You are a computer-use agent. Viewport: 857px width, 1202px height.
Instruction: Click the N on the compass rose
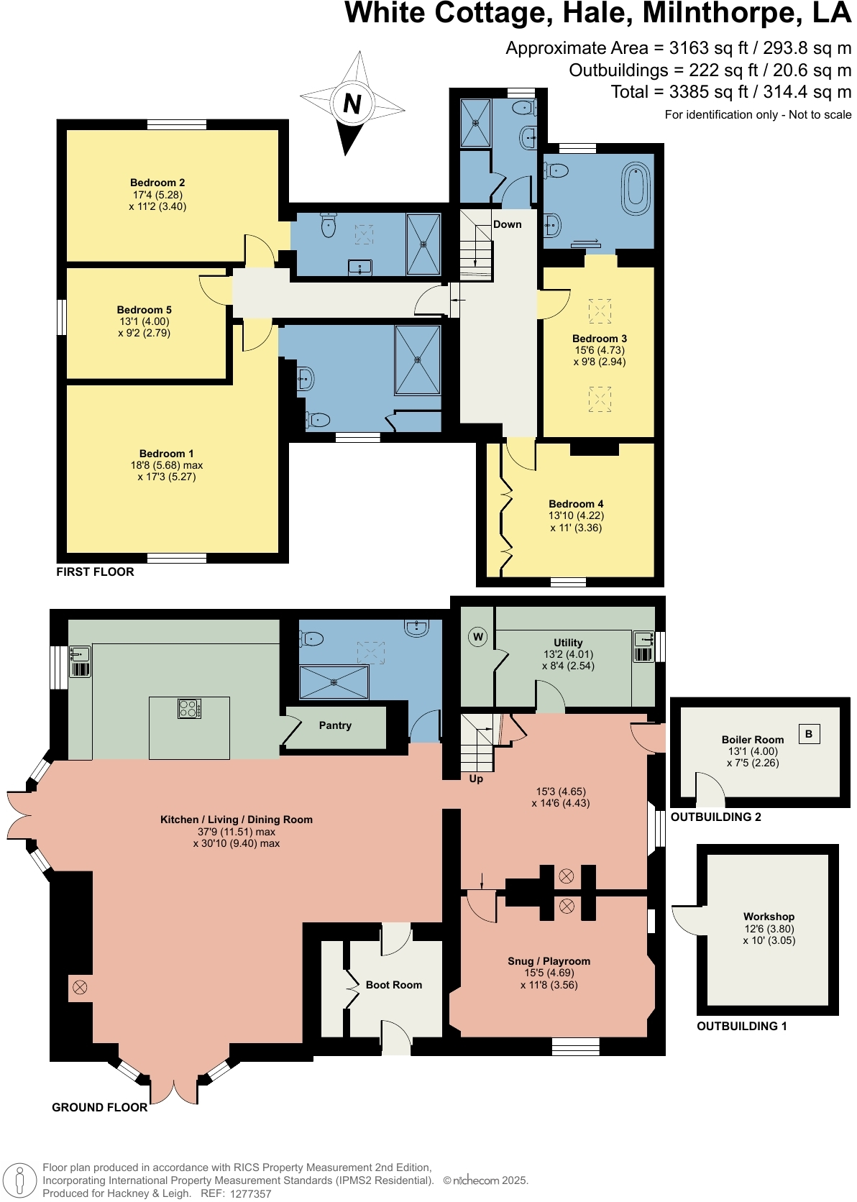[x=352, y=103]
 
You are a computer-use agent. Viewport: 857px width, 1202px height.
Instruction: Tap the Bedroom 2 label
[x=157, y=183]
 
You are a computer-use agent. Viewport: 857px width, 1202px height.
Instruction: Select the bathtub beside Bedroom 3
[x=636, y=189]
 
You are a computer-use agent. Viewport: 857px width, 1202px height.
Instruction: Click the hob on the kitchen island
[x=189, y=708]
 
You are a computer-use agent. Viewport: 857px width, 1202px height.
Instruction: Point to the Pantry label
[x=335, y=725]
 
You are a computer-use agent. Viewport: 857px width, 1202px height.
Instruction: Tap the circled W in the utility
[x=477, y=637]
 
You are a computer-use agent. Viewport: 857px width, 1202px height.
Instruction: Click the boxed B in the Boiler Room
[x=809, y=734]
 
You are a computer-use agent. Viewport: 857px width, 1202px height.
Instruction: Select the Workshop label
[x=769, y=917]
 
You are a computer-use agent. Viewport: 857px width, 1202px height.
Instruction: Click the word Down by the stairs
[x=507, y=224]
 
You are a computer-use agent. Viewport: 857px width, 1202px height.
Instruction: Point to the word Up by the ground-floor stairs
[x=476, y=779]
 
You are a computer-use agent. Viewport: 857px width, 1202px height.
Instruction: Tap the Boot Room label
[x=394, y=985]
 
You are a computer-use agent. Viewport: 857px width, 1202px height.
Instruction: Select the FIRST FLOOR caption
[x=95, y=572]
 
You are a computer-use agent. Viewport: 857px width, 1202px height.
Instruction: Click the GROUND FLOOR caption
[x=99, y=1107]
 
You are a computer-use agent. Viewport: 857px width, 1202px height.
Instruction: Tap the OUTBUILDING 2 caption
[x=715, y=817]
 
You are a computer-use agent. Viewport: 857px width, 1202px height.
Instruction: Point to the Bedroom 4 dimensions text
[x=576, y=522]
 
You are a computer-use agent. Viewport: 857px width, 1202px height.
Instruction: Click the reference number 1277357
[x=251, y=1193]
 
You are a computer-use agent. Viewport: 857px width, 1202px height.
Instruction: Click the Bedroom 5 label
[x=144, y=310]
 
